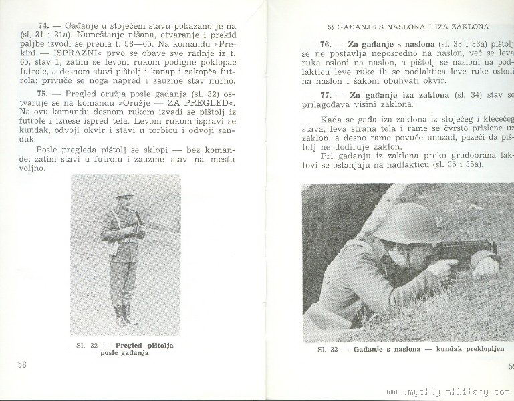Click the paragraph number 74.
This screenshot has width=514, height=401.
point(45,24)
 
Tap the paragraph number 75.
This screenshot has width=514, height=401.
point(45,93)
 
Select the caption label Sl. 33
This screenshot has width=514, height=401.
point(328,349)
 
